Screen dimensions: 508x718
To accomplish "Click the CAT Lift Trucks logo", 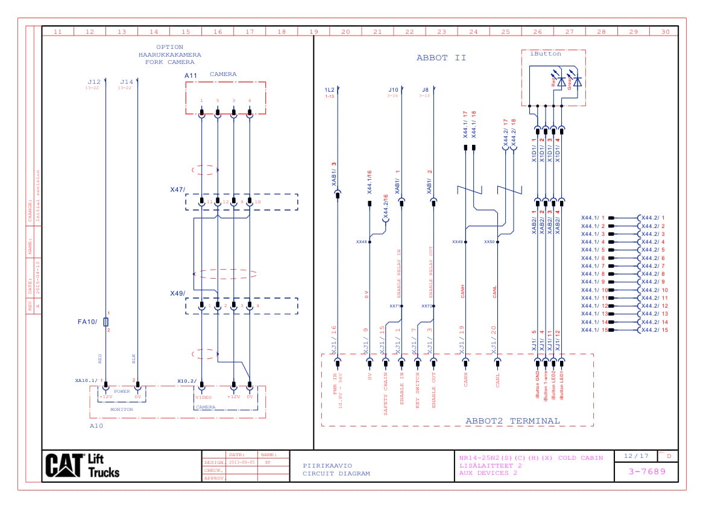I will (x=83, y=465).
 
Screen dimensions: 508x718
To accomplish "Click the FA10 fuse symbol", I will (x=105, y=322).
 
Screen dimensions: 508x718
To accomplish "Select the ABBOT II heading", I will (x=441, y=58).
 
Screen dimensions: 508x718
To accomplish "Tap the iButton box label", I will (x=545, y=54).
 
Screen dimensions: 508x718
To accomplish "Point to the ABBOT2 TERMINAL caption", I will (x=512, y=421).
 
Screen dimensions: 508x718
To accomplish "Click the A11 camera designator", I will (x=191, y=75).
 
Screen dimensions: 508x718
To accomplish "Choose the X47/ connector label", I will (x=177, y=189).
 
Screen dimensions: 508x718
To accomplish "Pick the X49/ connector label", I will (x=177, y=293).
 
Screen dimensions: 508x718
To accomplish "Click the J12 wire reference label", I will (x=93, y=81).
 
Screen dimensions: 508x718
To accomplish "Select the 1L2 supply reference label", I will (x=329, y=90).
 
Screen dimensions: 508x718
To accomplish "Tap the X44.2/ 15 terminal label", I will (x=655, y=330).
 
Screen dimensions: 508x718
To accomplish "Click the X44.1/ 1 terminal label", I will (x=593, y=218).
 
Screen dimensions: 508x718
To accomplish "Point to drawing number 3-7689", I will (x=647, y=471).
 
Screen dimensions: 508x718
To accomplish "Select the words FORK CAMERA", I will (x=169, y=62).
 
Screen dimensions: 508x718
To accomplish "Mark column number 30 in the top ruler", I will (x=665, y=31).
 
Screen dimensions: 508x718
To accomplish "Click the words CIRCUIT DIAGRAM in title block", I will (x=336, y=474).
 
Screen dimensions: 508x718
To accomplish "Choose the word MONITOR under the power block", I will (x=121, y=409).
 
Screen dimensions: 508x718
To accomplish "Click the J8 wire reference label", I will (x=425, y=90).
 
